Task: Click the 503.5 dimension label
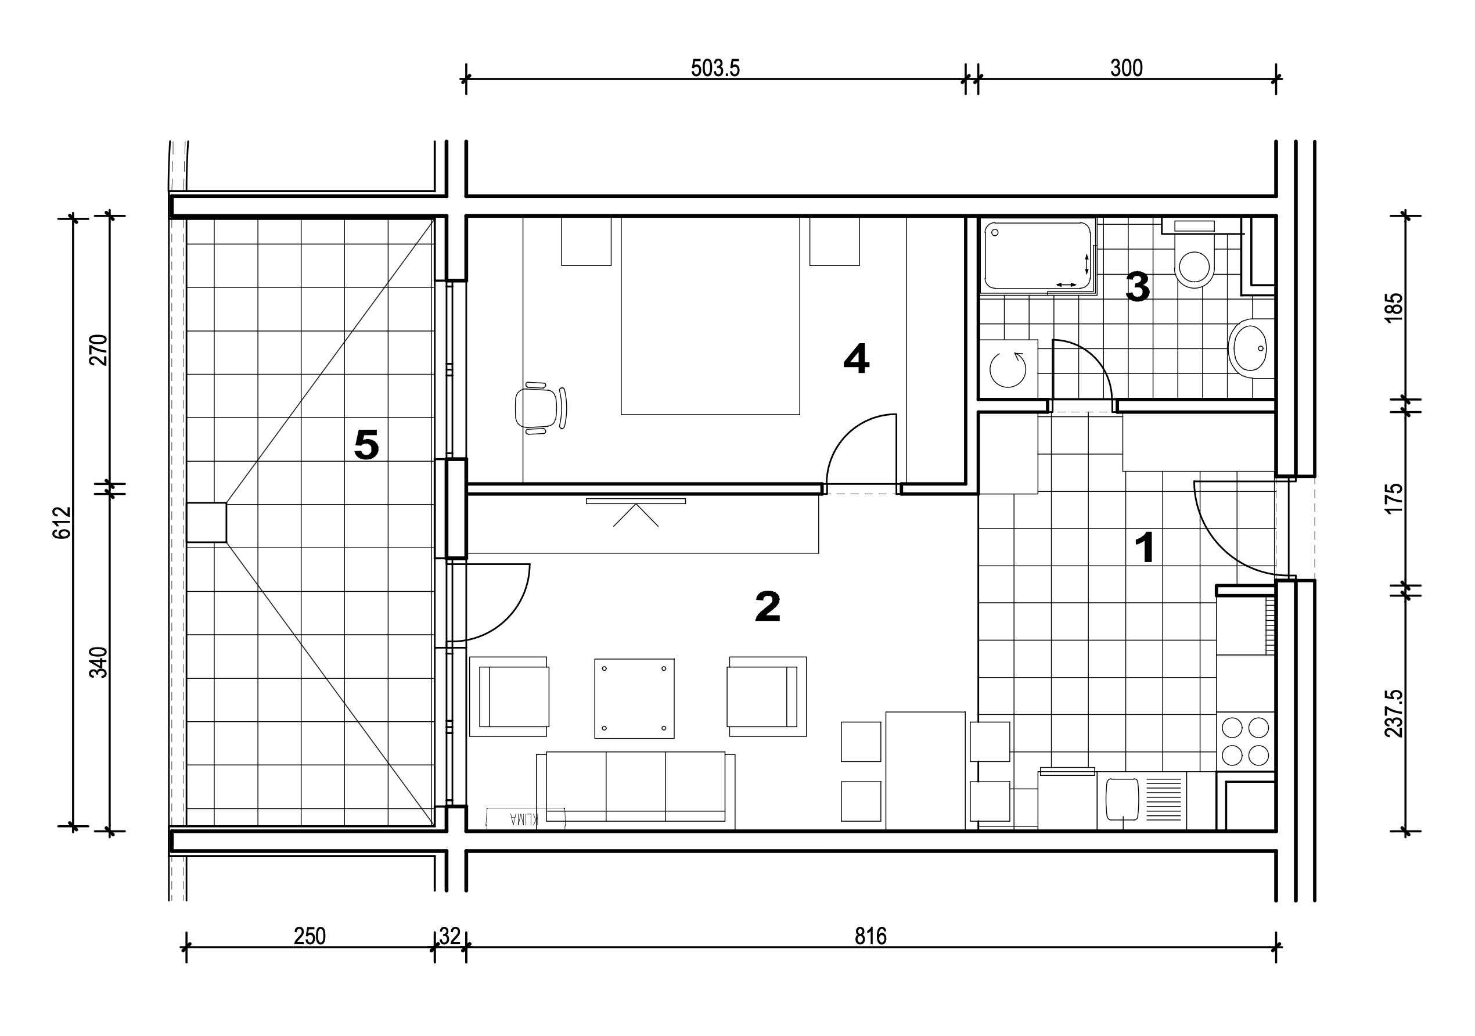(x=715, y=68)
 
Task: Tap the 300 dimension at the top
(x=1126, y=68)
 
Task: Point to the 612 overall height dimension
(x=62, y=522)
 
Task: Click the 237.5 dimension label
(x=1394, y=713)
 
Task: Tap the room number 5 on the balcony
(x=366, y=444)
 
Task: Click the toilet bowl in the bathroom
(x=1195, y=260)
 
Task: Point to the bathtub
(x=1038, y=256)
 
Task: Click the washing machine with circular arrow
(x=1008, y=369)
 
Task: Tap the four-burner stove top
(x=1245, y=740)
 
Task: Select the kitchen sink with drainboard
(x=1142, y=800)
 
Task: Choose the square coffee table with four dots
(x=634, y=698)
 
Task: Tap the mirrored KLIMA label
(x=524, y=818)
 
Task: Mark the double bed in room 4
(x=710, y=315)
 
